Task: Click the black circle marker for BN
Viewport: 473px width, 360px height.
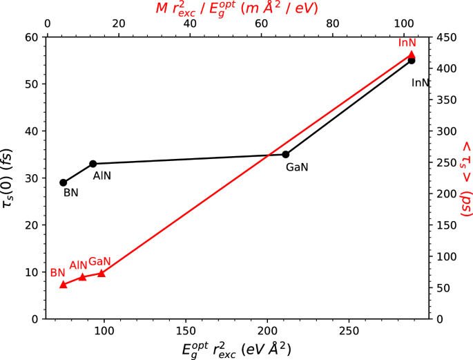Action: pyautogui.click(x=64, y=182)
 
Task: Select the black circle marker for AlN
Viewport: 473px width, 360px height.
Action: pyautogui.click(x=93, y=164)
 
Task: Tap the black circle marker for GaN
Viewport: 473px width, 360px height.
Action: pyautogui.click(x=286, y=154)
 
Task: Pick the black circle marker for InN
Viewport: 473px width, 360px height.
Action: pyautogui.click(x=412, y=60)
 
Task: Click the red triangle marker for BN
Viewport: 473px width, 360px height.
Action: pyautogui.click(x=64, y=284)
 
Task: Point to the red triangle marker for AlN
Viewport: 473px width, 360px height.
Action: pyautogui.click(x=83, y=276)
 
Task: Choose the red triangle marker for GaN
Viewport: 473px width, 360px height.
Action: pyautogui.click(x=102, y=273)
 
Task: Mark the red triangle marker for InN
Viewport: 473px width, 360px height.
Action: pyautogui.click(x=412, y=55)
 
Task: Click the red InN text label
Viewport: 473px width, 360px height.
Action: pyautogui.click(x=407, y=43)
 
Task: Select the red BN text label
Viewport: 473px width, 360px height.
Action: pyautogui.click(x=58, y=272)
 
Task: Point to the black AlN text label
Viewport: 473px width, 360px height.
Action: pyautogui.click(x=102, y=176)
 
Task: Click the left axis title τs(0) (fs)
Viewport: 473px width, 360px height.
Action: pyautogui.click(x=13, y=178)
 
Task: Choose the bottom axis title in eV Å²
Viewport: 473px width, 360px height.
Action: pyautogui.click(x=236, y=349)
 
